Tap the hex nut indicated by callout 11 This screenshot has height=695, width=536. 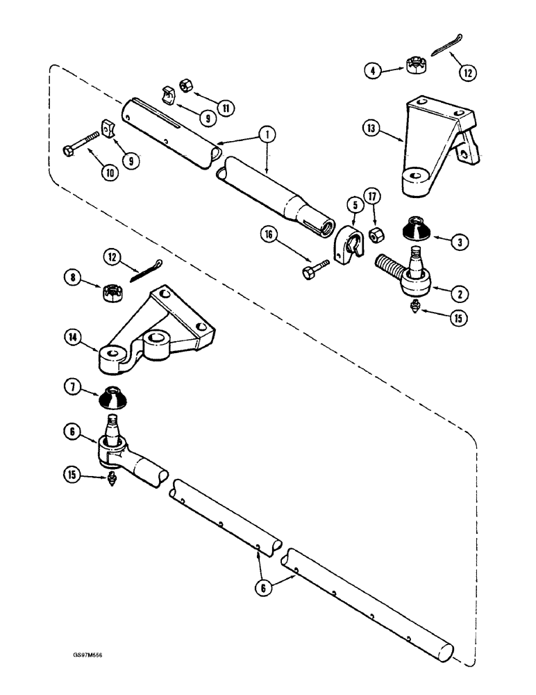click(x=186, y=84)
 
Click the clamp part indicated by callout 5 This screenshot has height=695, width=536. click(x=346, y=247)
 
